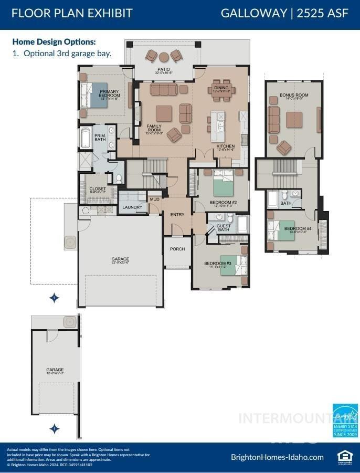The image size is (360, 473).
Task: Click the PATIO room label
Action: coord(163,69)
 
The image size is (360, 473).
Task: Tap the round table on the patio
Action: coord(163,57)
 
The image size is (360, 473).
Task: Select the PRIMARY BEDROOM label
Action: coord(109,93)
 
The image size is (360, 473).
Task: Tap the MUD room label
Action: coord(154,199)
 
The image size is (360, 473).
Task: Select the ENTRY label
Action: coord(177,214)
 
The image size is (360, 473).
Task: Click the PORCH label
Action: coord(177,249)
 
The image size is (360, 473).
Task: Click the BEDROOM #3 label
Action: coord(218,265)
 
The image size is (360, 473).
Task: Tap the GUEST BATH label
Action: coord(224,228)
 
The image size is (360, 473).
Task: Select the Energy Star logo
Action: coord(345,421)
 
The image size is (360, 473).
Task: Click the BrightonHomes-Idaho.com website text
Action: coord(277,457)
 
